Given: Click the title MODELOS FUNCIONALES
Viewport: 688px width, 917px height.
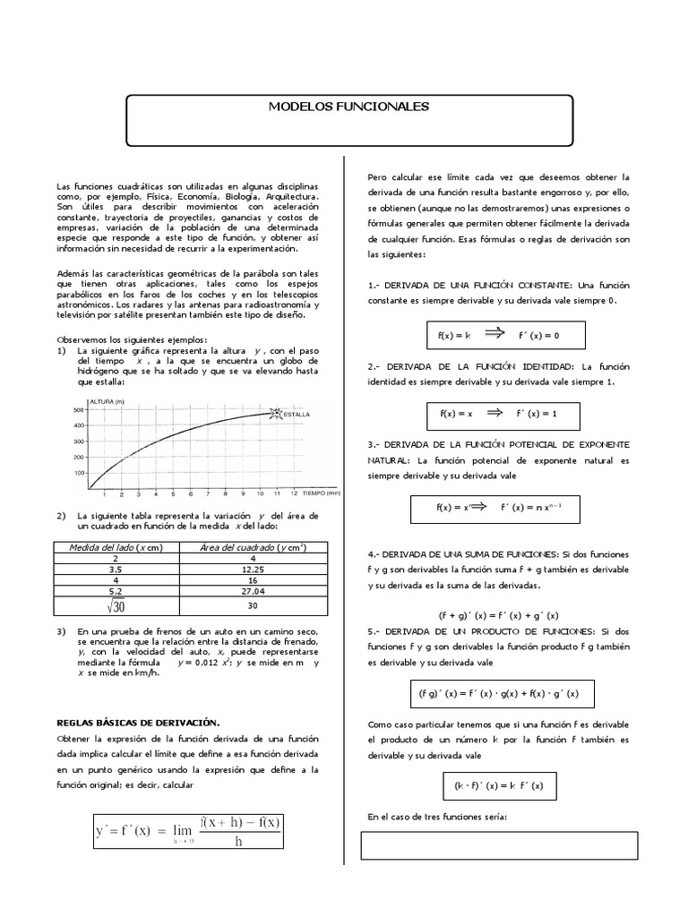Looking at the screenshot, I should tap(349, 107).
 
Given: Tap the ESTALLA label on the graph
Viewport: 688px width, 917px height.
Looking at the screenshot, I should tap(297, 415).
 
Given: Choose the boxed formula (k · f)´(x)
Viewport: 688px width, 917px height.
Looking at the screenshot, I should tap(504, 787).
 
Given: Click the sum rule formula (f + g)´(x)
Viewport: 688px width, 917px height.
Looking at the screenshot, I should tap(498, 614).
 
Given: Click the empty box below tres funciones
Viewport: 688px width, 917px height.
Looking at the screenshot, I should tap(499, 845).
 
